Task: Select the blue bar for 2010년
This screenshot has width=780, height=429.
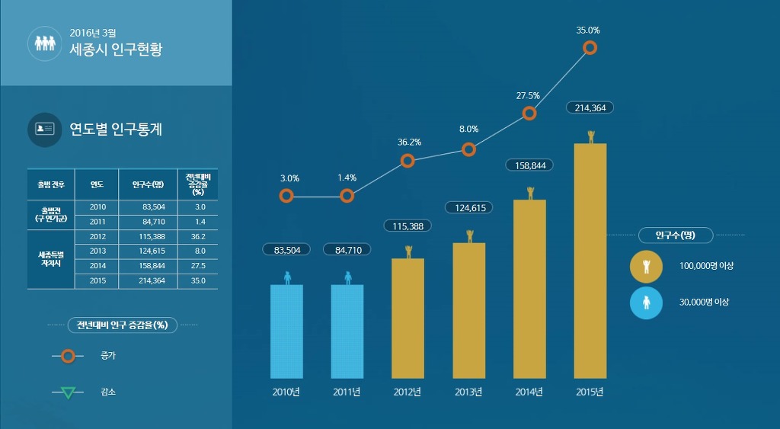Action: (x=286, y=331)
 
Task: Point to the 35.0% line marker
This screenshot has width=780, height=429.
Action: (x=590, y=48)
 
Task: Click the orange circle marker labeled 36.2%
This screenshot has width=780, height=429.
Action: (x=408, y=161)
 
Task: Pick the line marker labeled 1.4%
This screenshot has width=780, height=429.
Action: (x=347, y=196)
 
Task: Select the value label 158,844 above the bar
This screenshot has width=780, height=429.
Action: (x=529, y=165)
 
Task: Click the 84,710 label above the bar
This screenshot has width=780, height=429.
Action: (x=347, y=249)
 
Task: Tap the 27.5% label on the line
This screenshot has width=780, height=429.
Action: (x=528, y=96)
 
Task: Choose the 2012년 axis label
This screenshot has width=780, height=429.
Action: (x=408, y=392)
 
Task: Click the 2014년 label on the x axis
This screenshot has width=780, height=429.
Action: (x=529, y=392)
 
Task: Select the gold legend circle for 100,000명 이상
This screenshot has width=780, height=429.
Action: (x=646, y=266)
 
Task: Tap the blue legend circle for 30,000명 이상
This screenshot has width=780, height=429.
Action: (x=646, y=303)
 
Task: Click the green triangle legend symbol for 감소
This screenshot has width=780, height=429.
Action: (x=68, y=393)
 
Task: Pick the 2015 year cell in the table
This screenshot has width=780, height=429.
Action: (x=97, y=280)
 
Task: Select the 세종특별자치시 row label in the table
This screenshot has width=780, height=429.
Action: (x=51, y=258)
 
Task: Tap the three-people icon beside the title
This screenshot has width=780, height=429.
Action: (x=43, y=43)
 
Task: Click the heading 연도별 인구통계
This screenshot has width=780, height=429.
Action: (x=116, y=130)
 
